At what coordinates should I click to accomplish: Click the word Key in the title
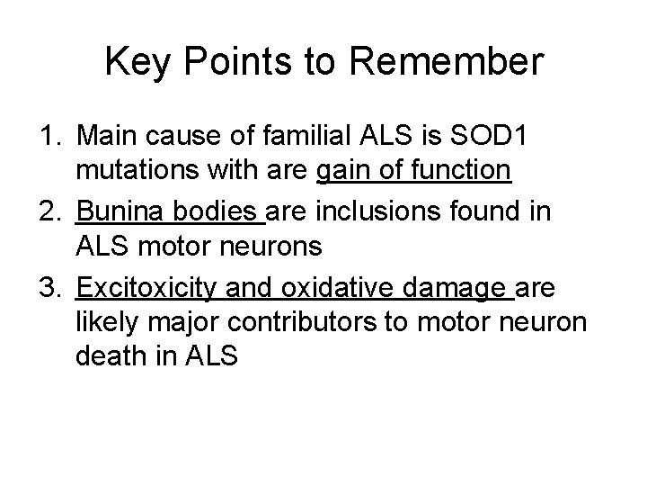(x=136, y=62)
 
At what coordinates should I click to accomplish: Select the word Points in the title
(x=237, y=62)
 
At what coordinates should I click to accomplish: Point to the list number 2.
(x=49, y=212)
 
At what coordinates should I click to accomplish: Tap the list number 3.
(x=49, y=288)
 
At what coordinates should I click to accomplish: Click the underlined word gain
(x=345, y=169)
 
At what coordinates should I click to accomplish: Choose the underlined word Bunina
(x=117, y=212)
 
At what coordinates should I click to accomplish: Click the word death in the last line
(x=108, y=355)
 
